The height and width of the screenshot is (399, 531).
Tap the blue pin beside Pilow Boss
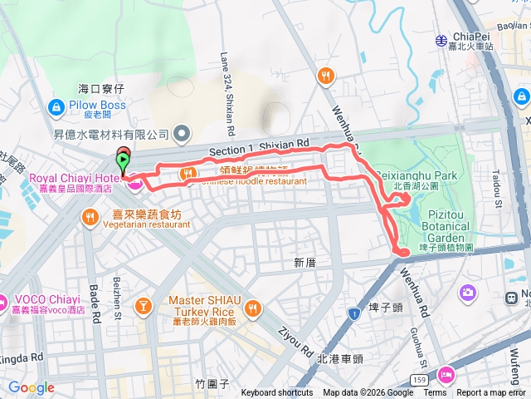tap(56, 106)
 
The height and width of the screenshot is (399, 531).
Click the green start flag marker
tap(124, 160)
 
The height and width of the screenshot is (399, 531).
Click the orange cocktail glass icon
tap(144, 308)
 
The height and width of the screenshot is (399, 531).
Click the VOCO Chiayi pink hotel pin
tap(4, 301)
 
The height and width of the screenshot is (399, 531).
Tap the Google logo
tap(31, 387)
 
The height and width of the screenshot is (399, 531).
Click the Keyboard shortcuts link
tap(277, 393)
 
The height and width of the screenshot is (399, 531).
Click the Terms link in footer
tap(435, 393)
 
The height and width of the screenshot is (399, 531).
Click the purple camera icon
tap(469, 292)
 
